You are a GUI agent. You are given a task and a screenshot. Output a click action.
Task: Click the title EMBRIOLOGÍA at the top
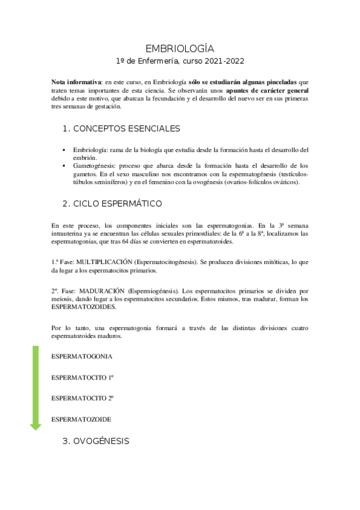(180, 49)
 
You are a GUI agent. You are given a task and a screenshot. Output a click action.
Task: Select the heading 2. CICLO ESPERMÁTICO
(112, 203)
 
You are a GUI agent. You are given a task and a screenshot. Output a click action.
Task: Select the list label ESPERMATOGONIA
(82, 357)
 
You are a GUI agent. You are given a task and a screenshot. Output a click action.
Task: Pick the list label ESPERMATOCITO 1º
(83, 377)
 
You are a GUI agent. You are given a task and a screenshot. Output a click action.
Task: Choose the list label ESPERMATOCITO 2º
(83, 398)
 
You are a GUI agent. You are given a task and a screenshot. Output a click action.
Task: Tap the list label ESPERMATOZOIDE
(81, 419)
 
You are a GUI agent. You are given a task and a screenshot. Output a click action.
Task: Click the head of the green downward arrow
(35, 426)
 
